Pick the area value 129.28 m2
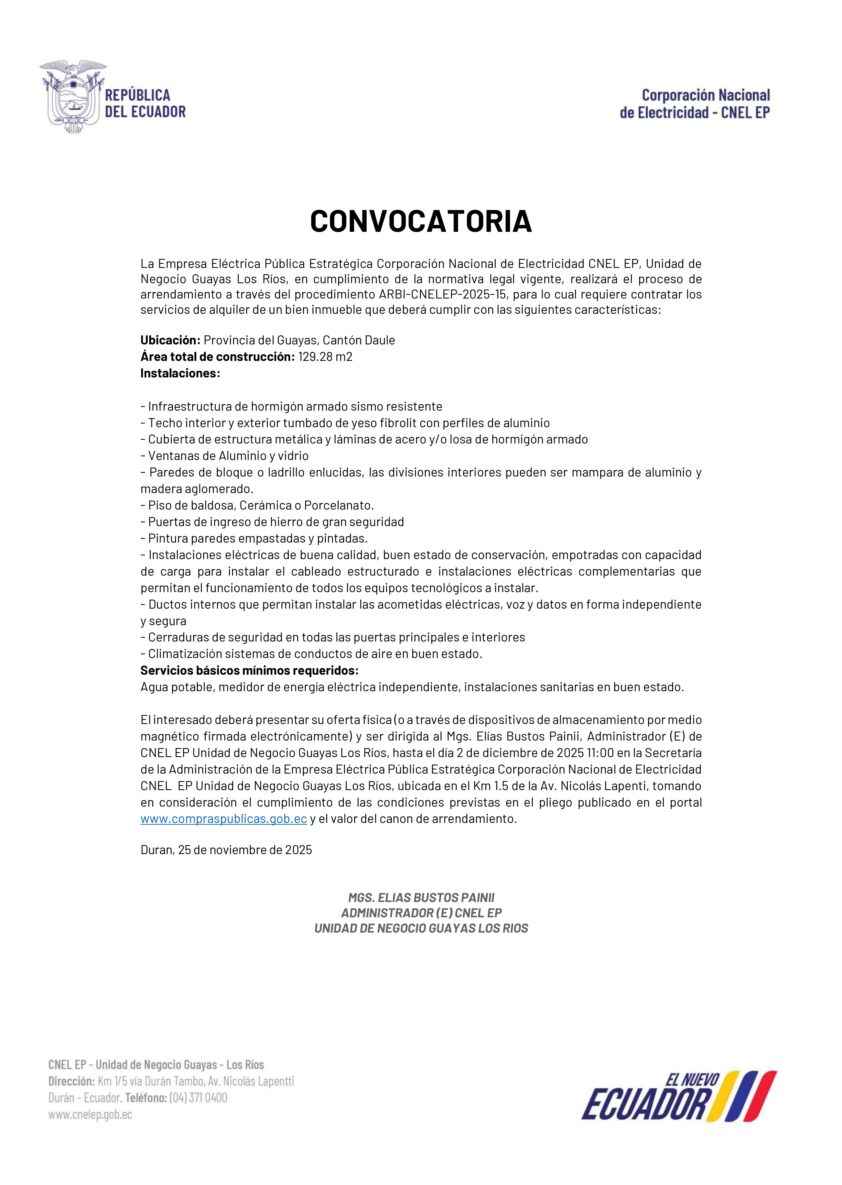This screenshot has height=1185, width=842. click(325, 357)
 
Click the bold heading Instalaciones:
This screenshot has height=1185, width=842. click(180, 374)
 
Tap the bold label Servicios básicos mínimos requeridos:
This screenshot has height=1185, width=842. click(249, 670)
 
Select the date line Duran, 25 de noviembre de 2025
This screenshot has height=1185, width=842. click(226, 849)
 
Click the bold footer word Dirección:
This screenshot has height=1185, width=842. click(71, 1081)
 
